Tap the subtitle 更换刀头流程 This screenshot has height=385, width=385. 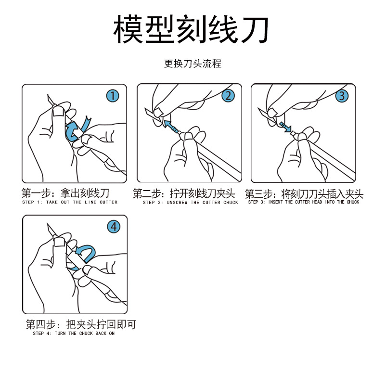pyautogui.click(x=192, y=64)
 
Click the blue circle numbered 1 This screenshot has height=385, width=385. pyautogui.click(x=113, y=96)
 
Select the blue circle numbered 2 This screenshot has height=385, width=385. pyautogui.click(x=228, y=96)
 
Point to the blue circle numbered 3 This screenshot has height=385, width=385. pyautogui.click(x=342, y=96)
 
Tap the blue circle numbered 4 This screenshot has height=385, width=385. pyautogui.click(x=114, y=226)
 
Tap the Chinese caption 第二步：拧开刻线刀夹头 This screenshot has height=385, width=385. pyautogui.click(x=184, y=194)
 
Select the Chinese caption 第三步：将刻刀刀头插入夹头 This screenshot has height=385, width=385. pyautogui.click(x=304, y=194)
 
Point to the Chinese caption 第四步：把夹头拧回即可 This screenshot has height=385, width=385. pyautogui.click(x=81, y=325)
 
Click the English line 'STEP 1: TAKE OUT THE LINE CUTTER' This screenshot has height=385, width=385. pyautogui.click(x=70, y=203)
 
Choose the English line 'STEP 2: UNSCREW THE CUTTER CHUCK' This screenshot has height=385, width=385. pyautogui.click(x=190, y=203)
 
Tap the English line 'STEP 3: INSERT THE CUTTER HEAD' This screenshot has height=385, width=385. pyautogui.click(x=304, y=202)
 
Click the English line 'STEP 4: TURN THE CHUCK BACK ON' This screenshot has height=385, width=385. pyautogui.click(x=74, y=333)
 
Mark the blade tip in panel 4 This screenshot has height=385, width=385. pyautogui.click(x=47, y=224)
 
